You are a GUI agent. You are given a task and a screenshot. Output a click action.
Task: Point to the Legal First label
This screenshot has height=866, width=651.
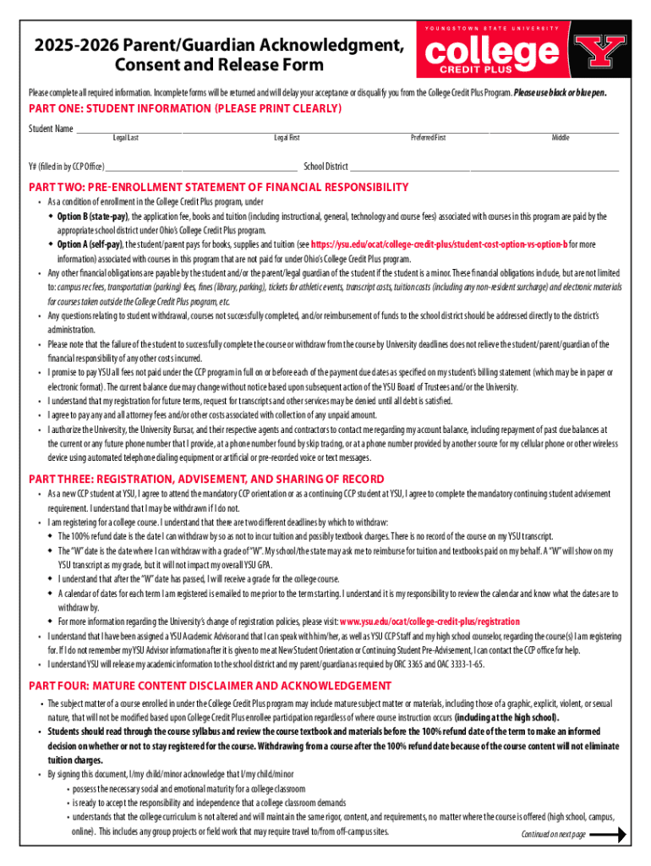point(287,138)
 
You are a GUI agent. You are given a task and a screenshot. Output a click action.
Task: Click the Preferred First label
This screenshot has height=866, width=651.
point(428,138)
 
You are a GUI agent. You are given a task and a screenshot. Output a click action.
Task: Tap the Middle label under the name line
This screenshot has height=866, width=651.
point(561,138)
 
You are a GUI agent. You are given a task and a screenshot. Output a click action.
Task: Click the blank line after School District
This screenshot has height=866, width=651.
point(484,168)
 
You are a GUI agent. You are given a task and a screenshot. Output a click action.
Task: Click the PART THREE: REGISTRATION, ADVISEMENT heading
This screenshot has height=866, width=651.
point(206,480)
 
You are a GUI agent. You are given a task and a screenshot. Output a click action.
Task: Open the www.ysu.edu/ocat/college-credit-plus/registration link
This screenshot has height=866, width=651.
point(429,622)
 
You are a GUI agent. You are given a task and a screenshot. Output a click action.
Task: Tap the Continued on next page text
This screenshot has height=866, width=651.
point(553,835)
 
